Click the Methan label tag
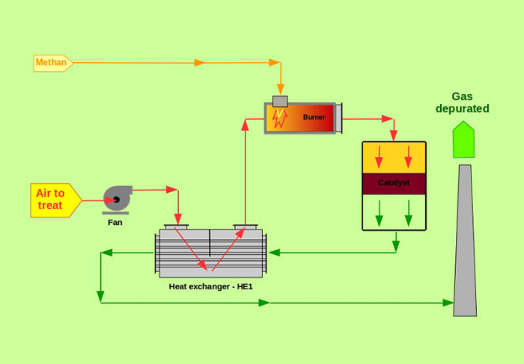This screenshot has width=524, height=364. coord(52,63)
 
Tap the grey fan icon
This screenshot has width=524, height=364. coord(117,198)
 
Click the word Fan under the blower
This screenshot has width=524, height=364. coord(115,222)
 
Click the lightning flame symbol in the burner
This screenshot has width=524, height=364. coord(280,118)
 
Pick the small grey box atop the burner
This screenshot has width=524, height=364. coord(281,101)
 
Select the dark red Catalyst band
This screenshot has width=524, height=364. coord(394,183)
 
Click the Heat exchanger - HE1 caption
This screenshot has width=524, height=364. coord(210,286)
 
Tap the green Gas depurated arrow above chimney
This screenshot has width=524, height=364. coord(463,140)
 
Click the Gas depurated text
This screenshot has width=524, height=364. coord(463,102)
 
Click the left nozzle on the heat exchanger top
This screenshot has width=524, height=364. coord(178,226)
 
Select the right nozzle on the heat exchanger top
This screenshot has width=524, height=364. coord(245,226)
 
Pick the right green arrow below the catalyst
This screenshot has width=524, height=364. coord(409,212)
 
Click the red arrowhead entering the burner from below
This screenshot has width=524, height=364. coord(246,123)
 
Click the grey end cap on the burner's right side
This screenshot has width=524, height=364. coord(338,118)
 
